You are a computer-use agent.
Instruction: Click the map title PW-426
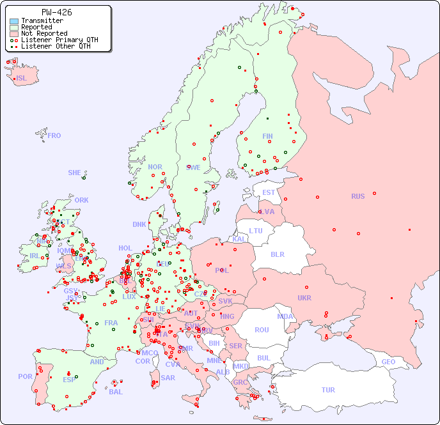(x=56, y=12)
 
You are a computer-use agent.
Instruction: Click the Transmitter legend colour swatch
(x=14, y=21)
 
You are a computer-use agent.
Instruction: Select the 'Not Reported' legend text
(x=43, y=33)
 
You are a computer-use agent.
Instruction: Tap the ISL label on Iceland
(x=22, y=79)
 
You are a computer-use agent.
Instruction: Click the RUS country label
(x=357, y=196)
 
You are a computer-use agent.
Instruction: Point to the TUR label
(x=327, y=390)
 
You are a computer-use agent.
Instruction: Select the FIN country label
(x=267, y=136)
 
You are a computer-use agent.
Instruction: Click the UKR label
(x=304, y=298)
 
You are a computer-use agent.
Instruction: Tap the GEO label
(x=388, y=362)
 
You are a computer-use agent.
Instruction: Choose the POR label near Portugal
(x=26, y=376)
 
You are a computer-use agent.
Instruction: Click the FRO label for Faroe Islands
(x=54, y=135)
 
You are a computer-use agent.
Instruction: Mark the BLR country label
(x=277, y=254)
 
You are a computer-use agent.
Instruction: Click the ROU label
(x=262, y=330)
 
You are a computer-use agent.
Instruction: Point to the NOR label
(x=155, y=167)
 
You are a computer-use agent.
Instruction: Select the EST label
(x=269, y=192)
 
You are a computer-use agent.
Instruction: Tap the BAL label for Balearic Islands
(x=115, y=392)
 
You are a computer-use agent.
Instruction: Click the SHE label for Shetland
(x=75, y=173)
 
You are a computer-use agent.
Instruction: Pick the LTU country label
(x=256, y=231)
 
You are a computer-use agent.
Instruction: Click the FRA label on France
(x=111, y=323)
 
